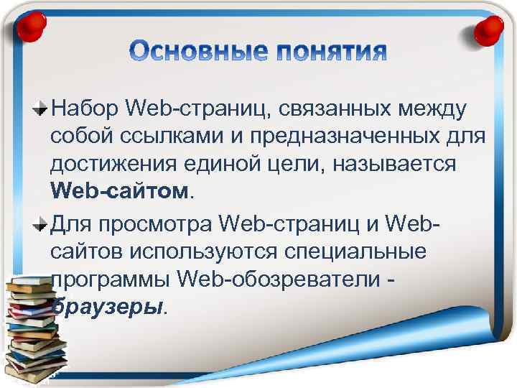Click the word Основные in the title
(x=194, y=52)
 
